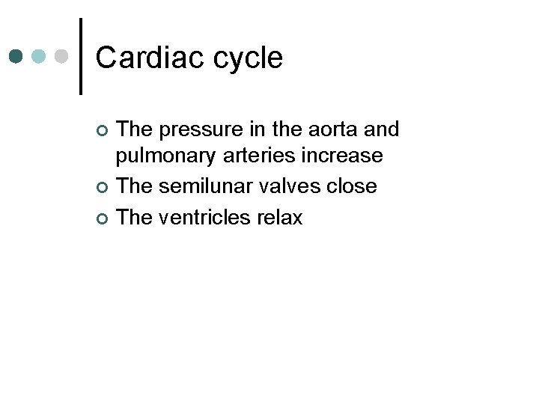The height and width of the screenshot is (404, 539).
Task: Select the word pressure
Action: (x=202, y=130)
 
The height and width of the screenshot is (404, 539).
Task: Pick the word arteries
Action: (x=261, y=156)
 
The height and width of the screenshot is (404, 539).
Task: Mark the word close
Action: (x=352, y=186)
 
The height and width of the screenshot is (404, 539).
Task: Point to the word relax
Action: (x=279, y=218)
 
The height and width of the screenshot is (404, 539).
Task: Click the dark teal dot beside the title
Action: (x=16, y=57)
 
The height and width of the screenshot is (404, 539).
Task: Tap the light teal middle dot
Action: (x=40, y=57)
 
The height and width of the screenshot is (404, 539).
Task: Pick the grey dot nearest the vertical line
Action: (x=62, y=57)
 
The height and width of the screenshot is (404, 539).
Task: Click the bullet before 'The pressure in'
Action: (x=103, y=132)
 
